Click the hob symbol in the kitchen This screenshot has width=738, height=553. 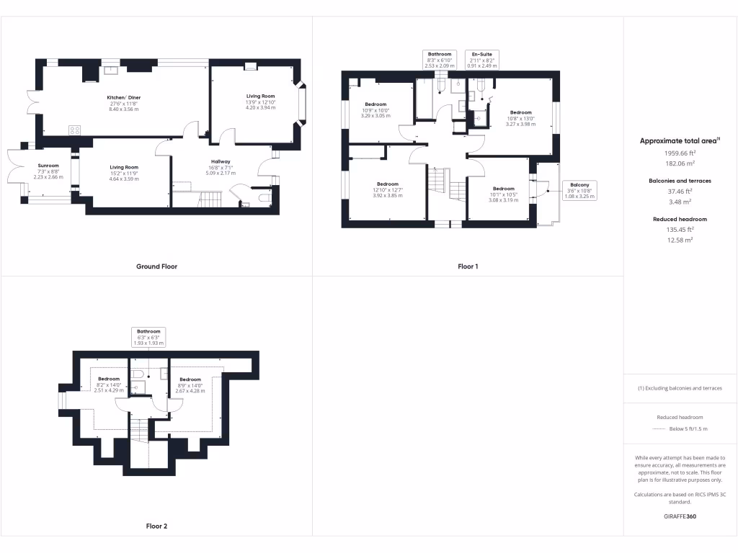(74, 130)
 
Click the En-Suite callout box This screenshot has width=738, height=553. (483, 60)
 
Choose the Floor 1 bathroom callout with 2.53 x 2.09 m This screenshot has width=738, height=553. (439, 60)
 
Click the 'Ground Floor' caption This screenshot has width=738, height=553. (156, 266)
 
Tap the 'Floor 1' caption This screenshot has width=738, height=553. (468, 266)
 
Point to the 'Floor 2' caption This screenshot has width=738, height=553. (156, 526)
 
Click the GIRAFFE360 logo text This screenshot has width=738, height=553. (680, 516)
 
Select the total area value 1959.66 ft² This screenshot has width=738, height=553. (680, 153)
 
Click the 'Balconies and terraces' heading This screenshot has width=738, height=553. (680, 181)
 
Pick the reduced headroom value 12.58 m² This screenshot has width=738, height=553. (680, 239)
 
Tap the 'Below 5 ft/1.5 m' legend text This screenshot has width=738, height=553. (688, 428)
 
